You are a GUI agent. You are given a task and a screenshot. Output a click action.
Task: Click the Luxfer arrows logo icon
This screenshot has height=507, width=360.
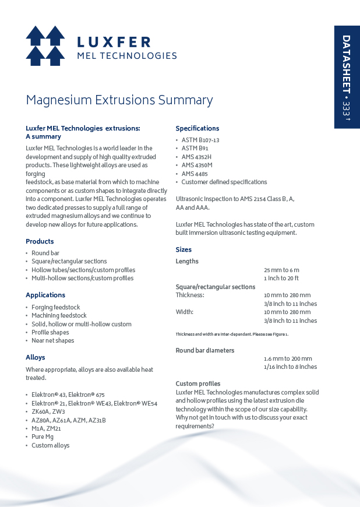point(45,45)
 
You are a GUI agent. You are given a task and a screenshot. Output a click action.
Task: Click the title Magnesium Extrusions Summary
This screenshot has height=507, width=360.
point(119,100)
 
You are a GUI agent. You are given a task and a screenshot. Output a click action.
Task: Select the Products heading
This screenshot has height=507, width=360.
point(40,241)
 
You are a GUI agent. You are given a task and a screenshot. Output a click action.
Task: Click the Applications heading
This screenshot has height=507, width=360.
point(45,295)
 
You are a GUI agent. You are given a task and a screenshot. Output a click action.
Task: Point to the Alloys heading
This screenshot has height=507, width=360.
point(36,357)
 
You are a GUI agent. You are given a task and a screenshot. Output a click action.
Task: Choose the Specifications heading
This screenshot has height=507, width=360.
point(197,128)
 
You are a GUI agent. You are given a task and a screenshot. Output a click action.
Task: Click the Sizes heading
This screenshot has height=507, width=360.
point(183,249)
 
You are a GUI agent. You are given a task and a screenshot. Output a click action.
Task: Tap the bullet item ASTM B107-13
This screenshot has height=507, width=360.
point(200,140)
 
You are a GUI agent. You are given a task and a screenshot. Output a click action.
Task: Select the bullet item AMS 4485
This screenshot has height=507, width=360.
point(195,174)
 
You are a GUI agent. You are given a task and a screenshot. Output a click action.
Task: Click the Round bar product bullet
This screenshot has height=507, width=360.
point(45,253)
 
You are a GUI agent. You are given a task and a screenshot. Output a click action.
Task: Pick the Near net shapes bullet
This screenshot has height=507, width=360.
point(53,340)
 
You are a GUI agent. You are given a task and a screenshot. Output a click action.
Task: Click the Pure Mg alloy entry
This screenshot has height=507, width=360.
point(43,436)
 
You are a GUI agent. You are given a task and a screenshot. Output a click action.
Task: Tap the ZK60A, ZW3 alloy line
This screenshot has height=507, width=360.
point(48,411)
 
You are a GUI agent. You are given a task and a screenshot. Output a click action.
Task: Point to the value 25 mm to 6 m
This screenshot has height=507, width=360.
point(281,270)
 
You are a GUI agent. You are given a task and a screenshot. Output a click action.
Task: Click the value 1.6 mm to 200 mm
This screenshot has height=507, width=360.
point(288,358)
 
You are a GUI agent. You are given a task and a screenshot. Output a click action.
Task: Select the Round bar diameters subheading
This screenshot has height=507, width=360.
point(205,350)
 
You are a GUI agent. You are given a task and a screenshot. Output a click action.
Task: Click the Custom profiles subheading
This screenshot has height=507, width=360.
point(198,383)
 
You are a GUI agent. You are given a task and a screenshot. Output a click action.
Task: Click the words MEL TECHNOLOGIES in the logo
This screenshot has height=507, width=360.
point(127,56)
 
